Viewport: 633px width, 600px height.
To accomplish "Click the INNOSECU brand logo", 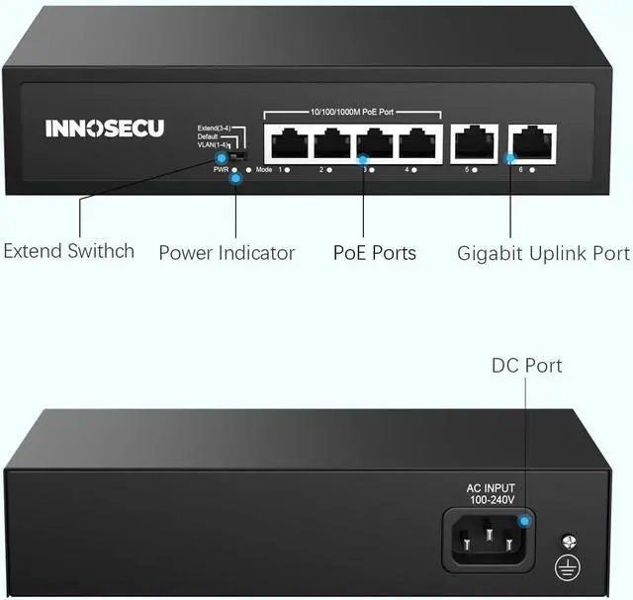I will (x=105, y=129).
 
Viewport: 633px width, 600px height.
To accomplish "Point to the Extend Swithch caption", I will (x=68, y=251).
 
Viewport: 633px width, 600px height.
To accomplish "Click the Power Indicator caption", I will (x=226, y=253).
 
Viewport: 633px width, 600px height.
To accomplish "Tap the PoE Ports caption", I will (x=375, y=253).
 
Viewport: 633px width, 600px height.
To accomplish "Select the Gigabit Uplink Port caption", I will (x=543, y=253).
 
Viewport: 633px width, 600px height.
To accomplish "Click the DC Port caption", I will (x=526, y=366).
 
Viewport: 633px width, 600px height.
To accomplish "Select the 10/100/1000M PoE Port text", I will (x=351, y=111).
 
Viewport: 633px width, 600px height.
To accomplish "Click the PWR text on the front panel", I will (x=221, y=170).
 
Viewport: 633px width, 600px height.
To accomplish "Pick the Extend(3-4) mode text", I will (x=214, y=128).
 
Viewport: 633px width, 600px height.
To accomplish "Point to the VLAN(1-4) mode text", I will (x=214, y=145).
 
